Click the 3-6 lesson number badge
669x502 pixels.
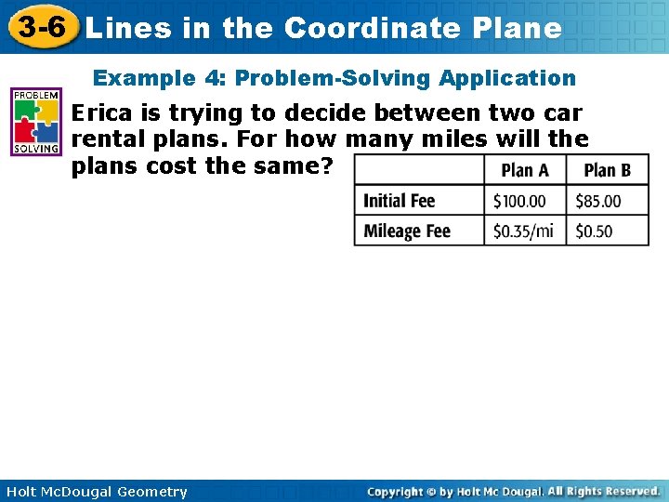[39, 27]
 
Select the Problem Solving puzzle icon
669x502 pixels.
[36, 122]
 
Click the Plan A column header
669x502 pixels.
[525, 169]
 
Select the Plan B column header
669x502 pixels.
[608, 169]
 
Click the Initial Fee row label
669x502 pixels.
[399, 200]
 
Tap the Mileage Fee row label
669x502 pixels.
[407, 231]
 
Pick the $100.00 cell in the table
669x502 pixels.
[519, 200]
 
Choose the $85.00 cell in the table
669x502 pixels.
[598, 200]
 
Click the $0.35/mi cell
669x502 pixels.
[523, 231]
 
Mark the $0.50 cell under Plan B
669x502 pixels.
[594, 231]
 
